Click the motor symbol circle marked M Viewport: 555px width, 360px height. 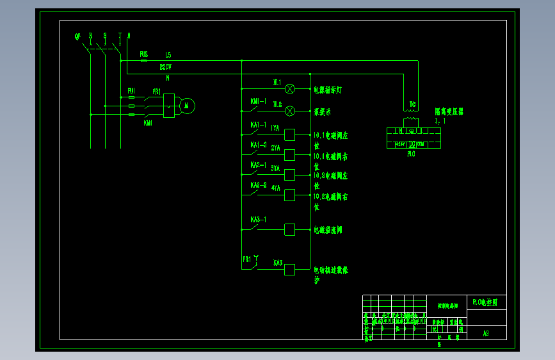(187, 106)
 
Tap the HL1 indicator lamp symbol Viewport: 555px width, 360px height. (289, 88)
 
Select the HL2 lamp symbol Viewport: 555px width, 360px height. (289, 110)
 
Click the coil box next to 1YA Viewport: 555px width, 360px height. (289, 135)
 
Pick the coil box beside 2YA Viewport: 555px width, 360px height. (289, 154)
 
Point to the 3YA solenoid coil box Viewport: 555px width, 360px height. (289, 175)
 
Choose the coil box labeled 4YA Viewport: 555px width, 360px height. (289, 195)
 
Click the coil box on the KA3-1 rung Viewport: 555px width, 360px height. (289, 229)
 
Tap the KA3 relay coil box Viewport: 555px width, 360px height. (289, 269)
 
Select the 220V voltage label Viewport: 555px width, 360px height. (165, 67)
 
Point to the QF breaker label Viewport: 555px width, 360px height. (78, 37)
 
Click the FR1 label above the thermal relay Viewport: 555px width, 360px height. (156, 92)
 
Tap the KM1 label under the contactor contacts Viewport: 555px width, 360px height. (148, 122)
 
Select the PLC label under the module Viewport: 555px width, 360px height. (411, 154)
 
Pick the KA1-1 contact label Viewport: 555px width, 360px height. (259, 124)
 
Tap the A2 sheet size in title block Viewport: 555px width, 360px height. (486, 333)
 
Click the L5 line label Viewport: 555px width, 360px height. (168, 55)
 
